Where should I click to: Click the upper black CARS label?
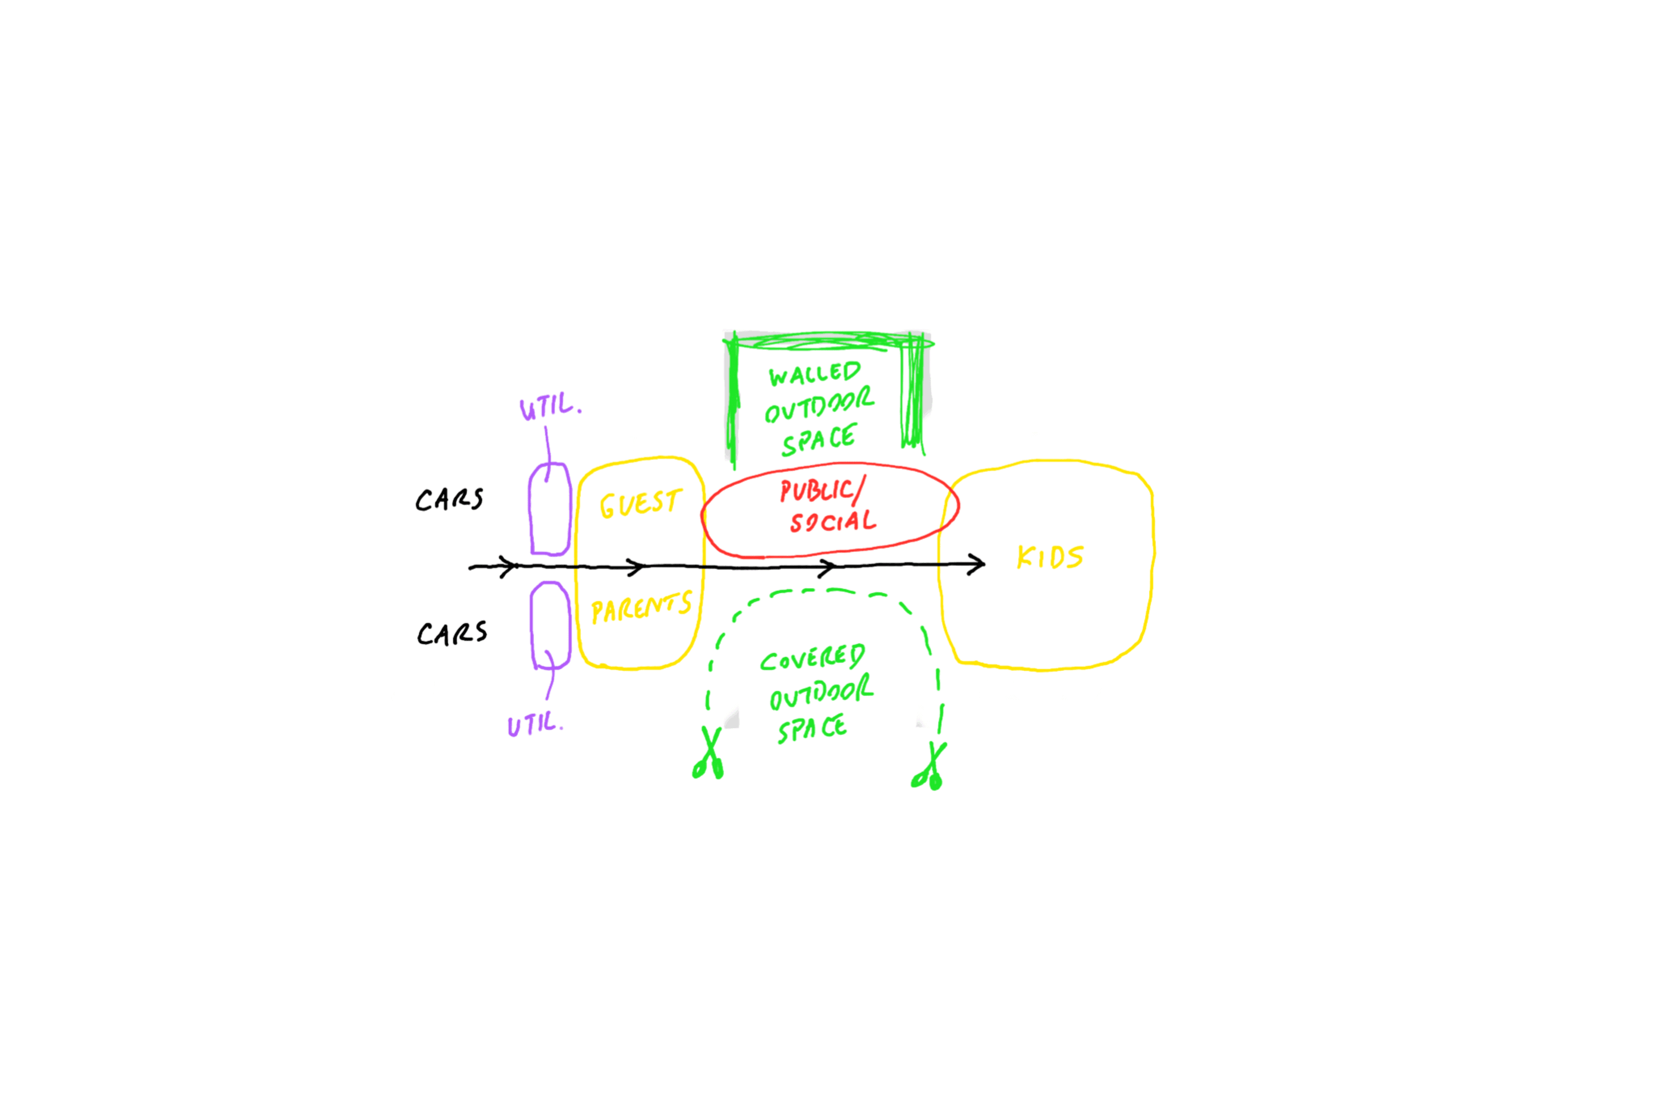[x=449, y=499]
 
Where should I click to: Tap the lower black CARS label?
[x=452, y=633]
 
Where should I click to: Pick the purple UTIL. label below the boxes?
[x=535, y=724]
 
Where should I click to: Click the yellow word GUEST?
[x=640, y=503]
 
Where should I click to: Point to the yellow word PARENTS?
[x=641, y=607]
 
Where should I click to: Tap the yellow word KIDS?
[x=1050, y=557]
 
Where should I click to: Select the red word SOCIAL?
[x=833, y=522]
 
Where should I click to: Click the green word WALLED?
[x=814, y=374]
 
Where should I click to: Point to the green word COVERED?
[x=812, y=658]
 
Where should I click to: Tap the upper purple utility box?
[x=549, y=509]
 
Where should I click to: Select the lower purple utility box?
[x=549, y=624]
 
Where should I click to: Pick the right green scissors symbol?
[x=930, y=767]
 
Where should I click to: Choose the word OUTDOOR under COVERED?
[x=821, y=692]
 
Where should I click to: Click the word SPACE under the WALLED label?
[x=819, y=440]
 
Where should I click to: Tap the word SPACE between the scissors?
[x=812, y=728]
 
